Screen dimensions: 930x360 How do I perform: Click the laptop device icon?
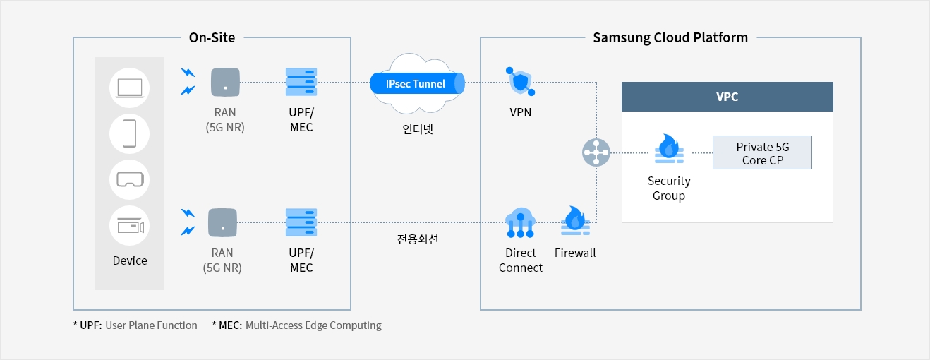[130, 88]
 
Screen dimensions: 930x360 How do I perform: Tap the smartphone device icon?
[130, 133]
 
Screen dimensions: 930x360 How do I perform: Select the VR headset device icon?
[130, 179]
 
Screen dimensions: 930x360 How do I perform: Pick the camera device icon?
[130, 226]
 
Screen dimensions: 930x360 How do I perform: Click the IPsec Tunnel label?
[415, 84]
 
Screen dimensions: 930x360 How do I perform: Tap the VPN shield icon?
[520, 81]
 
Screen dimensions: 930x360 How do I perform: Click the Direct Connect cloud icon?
[520, 223]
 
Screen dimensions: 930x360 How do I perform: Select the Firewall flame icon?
[575, 220]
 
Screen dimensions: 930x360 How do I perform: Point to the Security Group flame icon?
[669, 149]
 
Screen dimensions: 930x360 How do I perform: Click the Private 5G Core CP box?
[762, 152]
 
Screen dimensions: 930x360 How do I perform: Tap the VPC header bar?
[727, 97]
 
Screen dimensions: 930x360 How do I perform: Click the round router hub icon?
[596, 152]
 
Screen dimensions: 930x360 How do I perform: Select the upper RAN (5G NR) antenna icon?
[225, 82]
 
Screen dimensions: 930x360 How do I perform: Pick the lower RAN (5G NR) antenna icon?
[222, 222]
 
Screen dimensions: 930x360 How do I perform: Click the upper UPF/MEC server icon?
[301, 82]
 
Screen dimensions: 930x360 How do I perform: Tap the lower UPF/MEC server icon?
[301, 222]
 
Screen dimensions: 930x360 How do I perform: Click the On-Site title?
[212, 37]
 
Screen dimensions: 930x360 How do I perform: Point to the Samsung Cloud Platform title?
[670, 37]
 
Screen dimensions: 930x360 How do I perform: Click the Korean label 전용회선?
[418, 239]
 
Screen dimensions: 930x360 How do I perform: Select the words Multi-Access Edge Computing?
[313, 325]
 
